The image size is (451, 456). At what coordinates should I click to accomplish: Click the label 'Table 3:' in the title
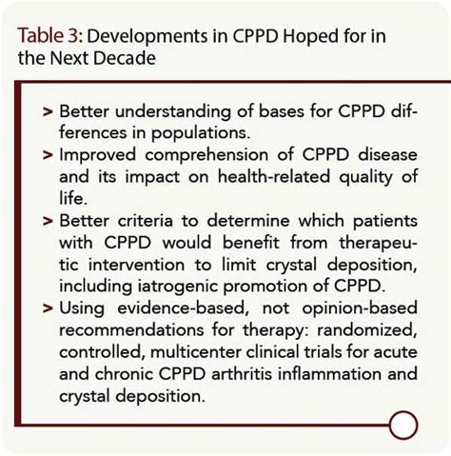point(50,35)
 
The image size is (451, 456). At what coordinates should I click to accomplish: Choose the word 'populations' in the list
point(201,133)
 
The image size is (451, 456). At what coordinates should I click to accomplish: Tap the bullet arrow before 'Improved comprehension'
point(48,155)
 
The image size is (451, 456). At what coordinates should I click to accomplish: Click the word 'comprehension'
point(206,156)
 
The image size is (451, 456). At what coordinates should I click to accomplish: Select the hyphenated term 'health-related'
point(274,176)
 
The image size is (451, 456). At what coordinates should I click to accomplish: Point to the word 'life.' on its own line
point(73,198)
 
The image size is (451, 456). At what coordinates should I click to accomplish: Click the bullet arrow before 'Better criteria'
point(48,221)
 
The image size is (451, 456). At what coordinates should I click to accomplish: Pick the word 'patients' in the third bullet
point(385,221)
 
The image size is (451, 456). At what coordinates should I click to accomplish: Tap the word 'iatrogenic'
point(177,287)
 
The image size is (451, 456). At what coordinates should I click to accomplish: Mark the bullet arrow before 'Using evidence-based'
point(48,308)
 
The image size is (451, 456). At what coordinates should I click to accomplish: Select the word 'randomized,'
point(367,330)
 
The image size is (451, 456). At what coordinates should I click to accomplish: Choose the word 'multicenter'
point(196,352)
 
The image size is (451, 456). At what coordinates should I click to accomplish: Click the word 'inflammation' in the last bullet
point(329,374)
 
